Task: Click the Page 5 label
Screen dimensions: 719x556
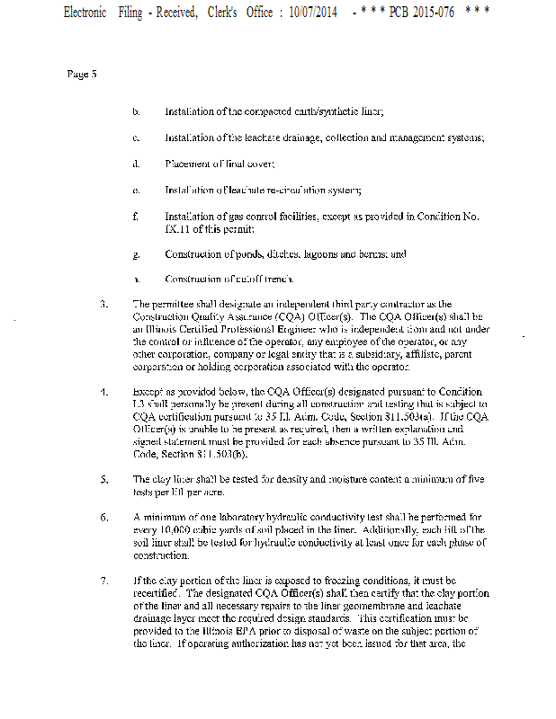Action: pyautogui.click(x=81, y=74)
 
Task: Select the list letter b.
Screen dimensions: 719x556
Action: pyautogui.click(x=135, y=111)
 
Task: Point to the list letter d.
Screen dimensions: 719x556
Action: pyautogui.click(x=135, y=164)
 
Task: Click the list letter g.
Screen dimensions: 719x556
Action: pyautogui.click(x=135, y=254)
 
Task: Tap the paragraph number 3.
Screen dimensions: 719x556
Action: pyautogui.click(x=104, y=305)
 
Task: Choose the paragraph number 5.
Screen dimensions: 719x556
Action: pyautogui.click(x=104, y=479)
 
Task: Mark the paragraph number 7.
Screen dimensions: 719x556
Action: pyautogui.click(x=104, y=581)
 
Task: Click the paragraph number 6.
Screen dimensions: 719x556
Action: pyautogui.click(x=104, y=518)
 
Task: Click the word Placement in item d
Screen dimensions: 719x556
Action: pyautogui.click(x=186, y=164)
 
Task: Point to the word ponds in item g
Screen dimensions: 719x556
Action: pyautogui.click(x=251, y=254)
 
